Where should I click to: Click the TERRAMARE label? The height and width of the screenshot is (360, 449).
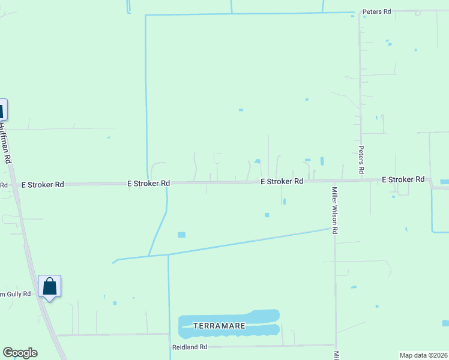click(x=219, y=325)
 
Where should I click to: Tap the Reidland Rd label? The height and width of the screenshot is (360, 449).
click(x=190, y=347)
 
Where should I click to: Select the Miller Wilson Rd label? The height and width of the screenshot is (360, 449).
click(x=335, y=210)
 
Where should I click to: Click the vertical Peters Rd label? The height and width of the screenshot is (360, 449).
click(x=361, y=160)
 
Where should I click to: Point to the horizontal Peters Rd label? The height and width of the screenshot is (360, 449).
click(x=376, y=11)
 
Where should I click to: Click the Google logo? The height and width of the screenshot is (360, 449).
click(x=20, y=353)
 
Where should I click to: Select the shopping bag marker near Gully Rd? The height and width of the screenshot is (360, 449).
click(x=49, y=286)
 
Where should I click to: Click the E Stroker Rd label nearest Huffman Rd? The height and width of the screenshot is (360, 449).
click(x=43, y=185)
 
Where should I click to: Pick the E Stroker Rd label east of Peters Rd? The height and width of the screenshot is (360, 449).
click(x=403, y=179)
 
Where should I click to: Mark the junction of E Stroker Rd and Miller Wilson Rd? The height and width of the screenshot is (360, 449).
click(x=334, y=181)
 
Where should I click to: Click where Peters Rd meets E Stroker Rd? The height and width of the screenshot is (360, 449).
click(x=361, y=180)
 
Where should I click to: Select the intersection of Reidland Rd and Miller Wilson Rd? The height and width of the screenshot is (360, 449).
click(x=335, y=345)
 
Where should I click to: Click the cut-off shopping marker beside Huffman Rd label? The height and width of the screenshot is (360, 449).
click(x=2, y=111)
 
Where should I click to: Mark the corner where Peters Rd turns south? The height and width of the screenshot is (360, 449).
click(x=360, y=12)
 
